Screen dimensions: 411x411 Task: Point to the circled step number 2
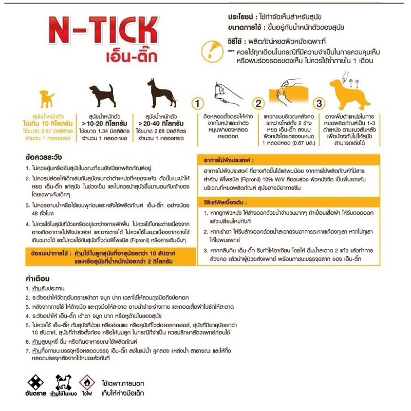pyautogui.click(x=259, y=103)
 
